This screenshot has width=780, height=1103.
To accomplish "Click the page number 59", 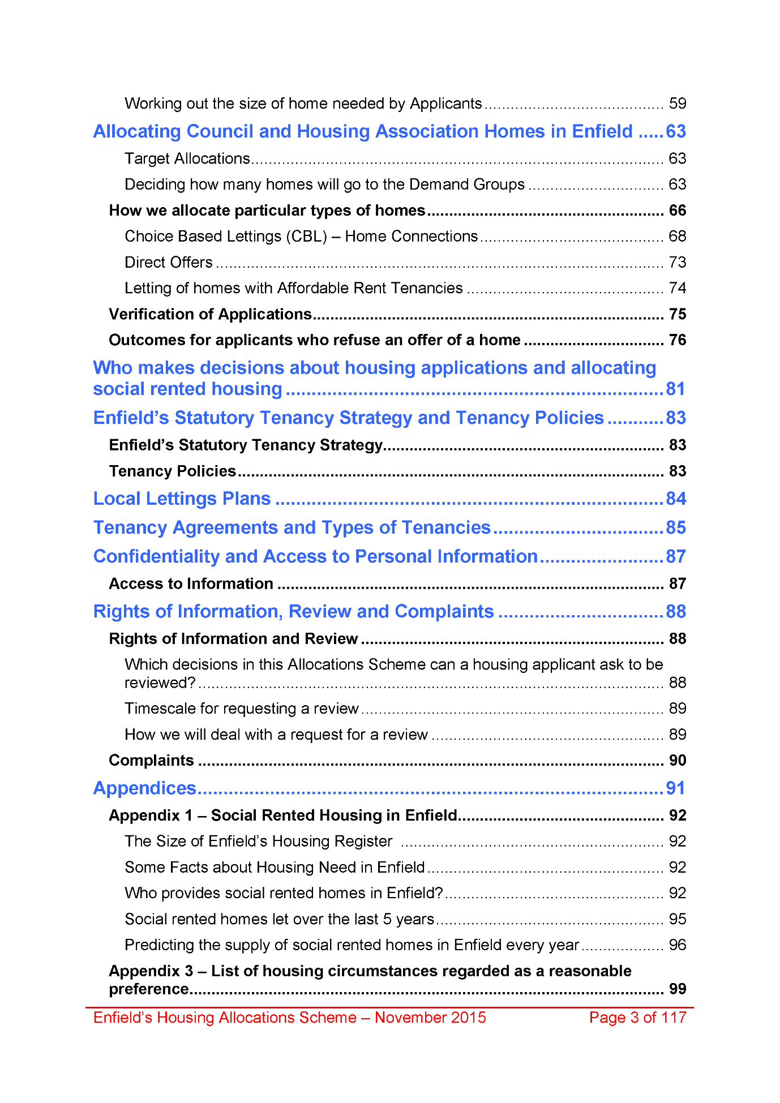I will point(677,104).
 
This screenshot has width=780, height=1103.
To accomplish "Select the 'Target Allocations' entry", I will point(187,158).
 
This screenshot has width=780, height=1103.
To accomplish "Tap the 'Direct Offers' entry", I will point(168,263).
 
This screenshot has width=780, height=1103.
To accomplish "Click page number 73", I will point(677,263).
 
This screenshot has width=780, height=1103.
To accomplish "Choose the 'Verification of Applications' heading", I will point(210,314).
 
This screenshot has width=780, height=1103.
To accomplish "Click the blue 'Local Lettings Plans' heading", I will point(182,499).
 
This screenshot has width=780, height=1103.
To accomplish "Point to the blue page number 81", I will point(675,389).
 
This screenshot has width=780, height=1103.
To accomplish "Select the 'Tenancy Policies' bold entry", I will point(172,471).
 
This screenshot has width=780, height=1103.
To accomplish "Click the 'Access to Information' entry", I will point(191,583).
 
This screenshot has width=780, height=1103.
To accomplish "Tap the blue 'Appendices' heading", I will point(144,788).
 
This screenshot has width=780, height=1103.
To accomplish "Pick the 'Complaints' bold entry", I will point(151,760).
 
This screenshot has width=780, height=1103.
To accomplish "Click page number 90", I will point(677,760).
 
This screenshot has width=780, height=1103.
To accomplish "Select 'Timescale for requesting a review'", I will point(241,709).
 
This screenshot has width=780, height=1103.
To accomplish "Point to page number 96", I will point(677,945).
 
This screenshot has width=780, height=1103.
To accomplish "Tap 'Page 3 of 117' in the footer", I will point(637,1018).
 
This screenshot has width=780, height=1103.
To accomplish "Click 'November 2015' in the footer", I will point(430,1018).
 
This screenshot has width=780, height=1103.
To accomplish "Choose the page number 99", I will point(677,989).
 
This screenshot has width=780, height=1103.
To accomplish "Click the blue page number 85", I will point(675,527).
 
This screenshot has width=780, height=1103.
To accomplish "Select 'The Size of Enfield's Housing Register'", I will point(258,842).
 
